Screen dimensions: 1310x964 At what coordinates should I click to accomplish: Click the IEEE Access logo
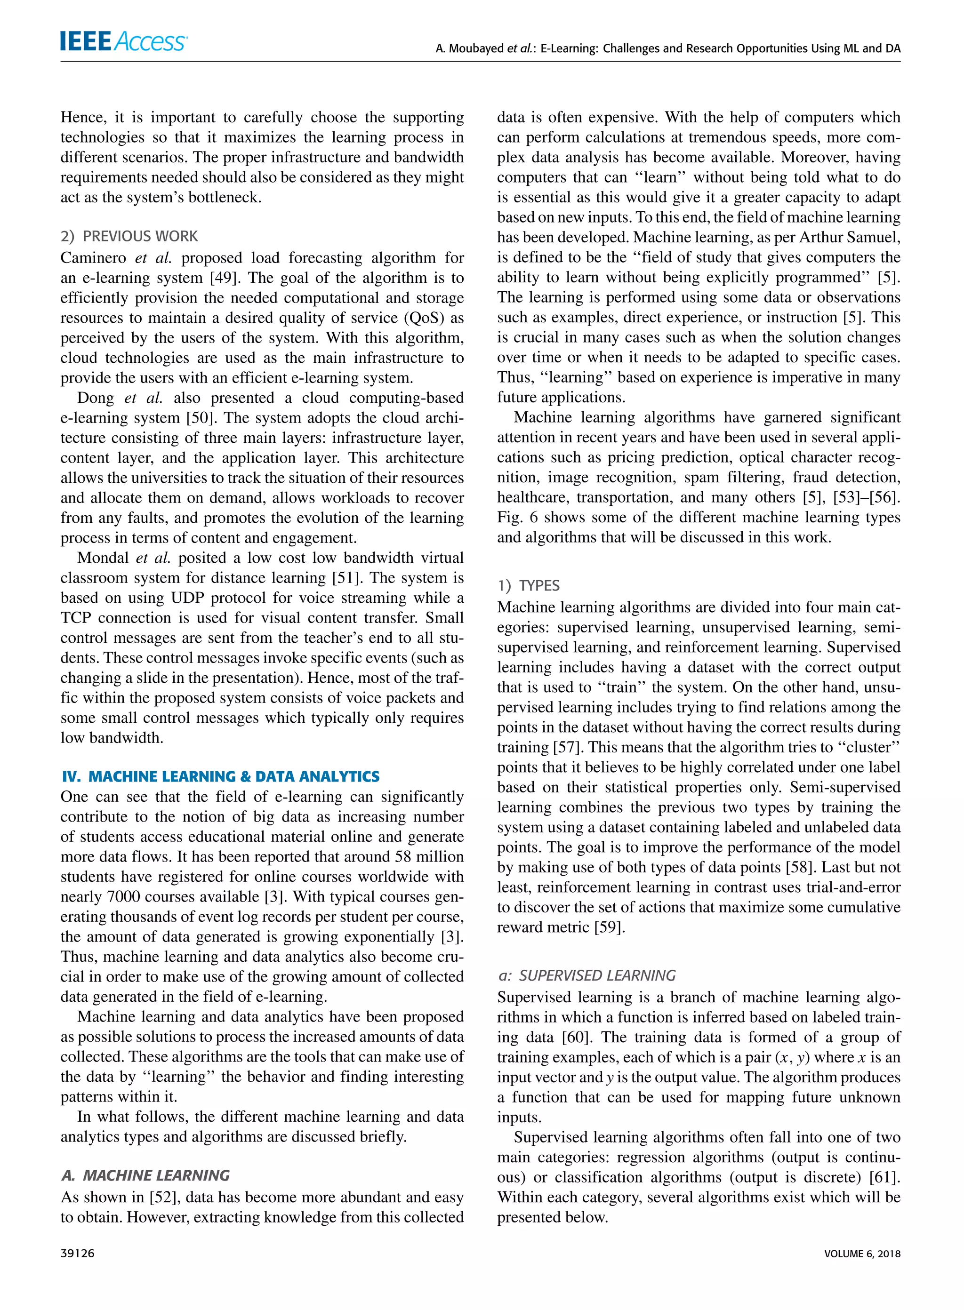123,40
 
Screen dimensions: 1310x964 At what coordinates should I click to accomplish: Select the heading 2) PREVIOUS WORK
129,236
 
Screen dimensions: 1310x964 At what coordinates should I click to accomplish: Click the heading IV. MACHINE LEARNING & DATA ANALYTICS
221,776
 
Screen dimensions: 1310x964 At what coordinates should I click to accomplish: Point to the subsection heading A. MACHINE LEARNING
145,1174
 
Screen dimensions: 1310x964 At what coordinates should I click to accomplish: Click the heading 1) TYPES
528,585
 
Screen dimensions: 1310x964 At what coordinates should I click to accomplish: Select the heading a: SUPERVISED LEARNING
586,975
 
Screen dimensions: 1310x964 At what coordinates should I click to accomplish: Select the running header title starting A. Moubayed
667,48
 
